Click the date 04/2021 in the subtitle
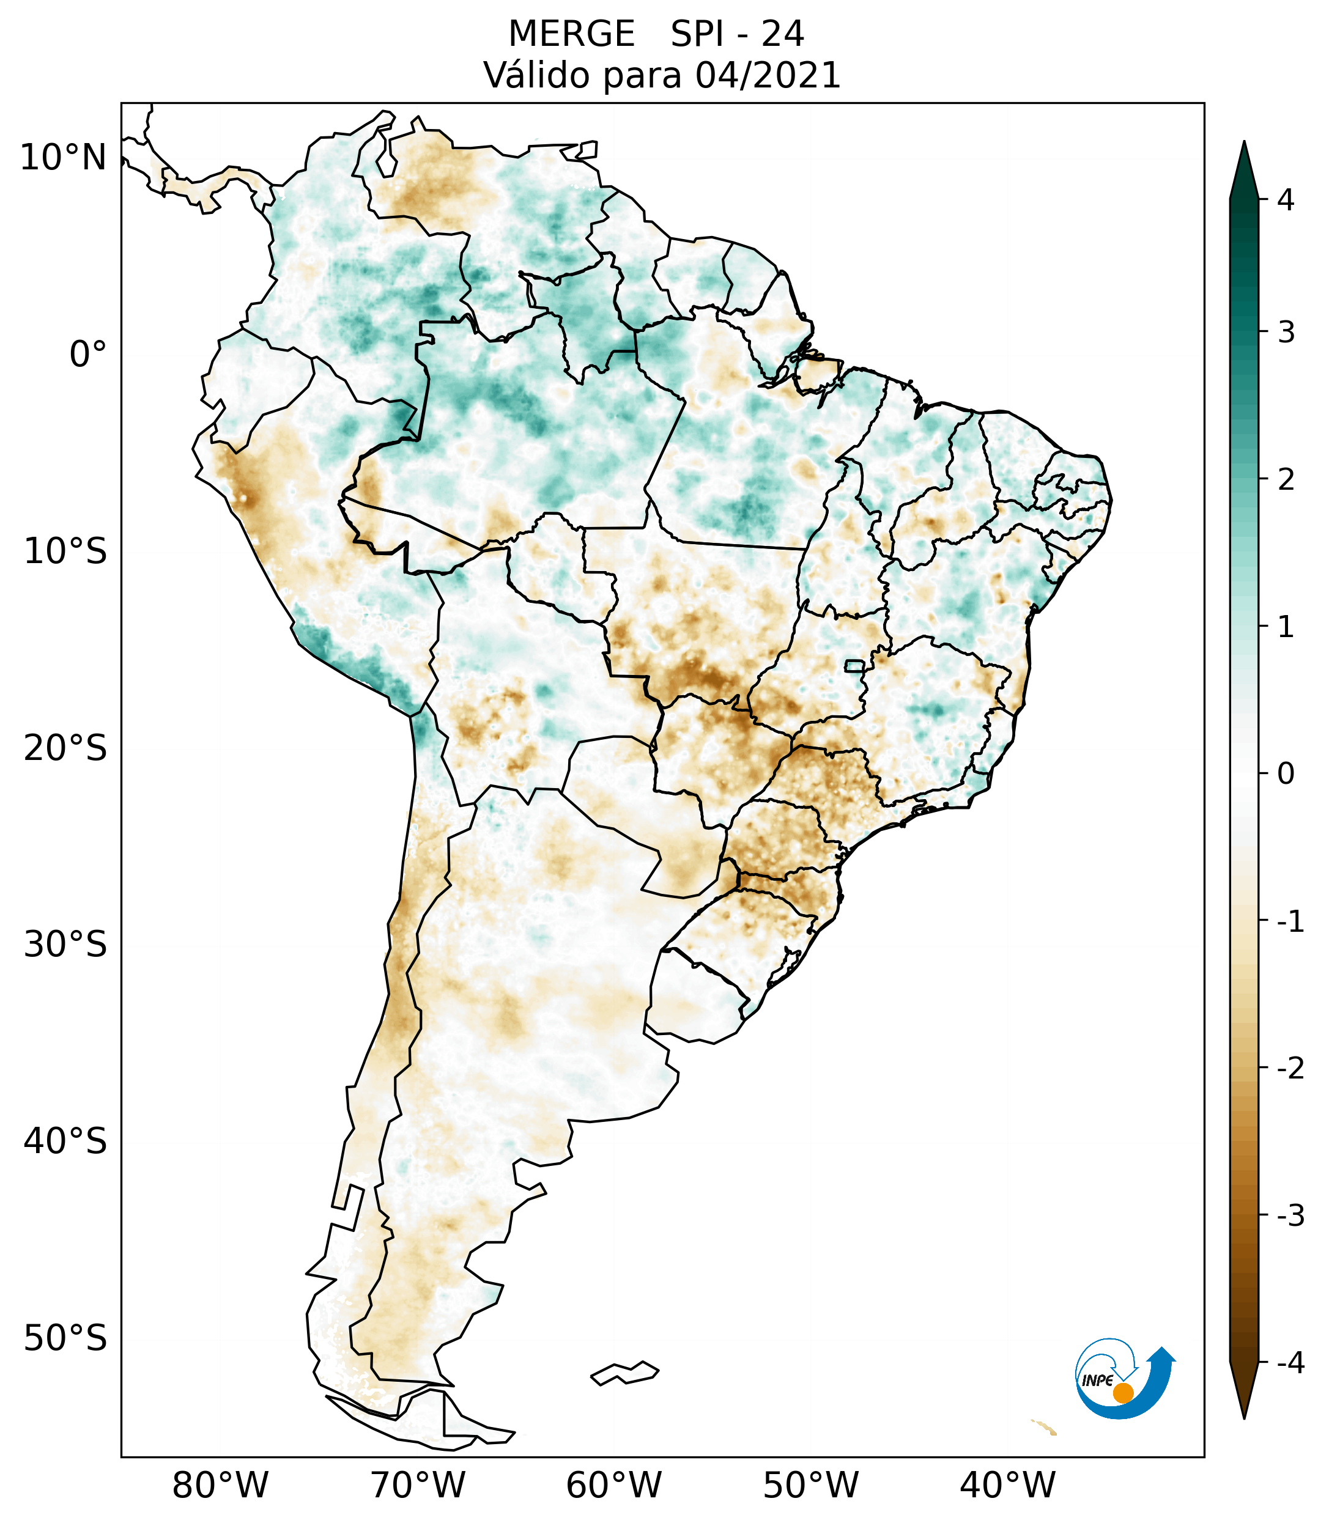[768, 75]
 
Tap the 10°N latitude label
[62, 158]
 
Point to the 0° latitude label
[88, 355]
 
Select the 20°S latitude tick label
[65, 748]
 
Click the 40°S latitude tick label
[65, 1141]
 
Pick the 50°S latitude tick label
[65, 1339]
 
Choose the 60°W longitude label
[613, 1486]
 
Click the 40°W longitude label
[1008, 1486]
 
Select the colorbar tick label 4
[1286, 200]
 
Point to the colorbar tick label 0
[1286, 774]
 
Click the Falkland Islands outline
[624, 1372]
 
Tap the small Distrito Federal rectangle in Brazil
[854, 665]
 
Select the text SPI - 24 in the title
[737, 34]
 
